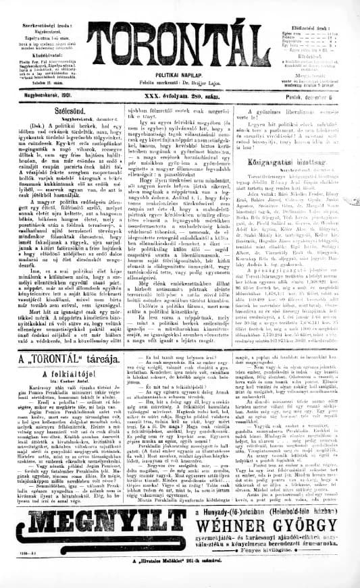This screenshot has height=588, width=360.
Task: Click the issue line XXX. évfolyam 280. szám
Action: tap(178, 96)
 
